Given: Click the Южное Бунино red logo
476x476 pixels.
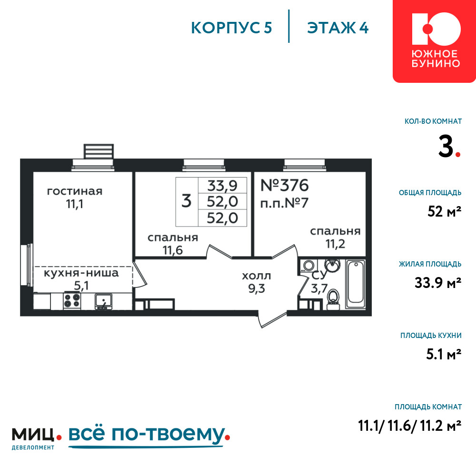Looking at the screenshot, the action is [x=434, y=41].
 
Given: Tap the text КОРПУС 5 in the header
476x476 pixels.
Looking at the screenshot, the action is [x=231, y=28].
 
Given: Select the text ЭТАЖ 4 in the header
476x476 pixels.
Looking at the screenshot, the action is [x=337, y=28].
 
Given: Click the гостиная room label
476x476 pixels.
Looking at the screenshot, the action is [x=75, y=191].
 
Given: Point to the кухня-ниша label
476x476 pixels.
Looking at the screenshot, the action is [x=81, y=273].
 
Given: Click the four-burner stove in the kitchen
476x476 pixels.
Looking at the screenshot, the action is [x=72, y=300].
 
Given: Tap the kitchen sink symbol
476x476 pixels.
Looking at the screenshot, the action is [x=103, y=301].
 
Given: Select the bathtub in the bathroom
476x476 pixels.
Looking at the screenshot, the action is [x=356, y=283].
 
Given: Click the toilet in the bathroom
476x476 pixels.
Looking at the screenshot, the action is [x=333, y=299].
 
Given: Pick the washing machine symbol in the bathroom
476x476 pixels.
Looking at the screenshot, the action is [x=309, y=266].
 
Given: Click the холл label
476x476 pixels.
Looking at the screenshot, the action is [x=256, y=276].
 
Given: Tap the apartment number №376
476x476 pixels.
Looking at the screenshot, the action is [x=285, y=185].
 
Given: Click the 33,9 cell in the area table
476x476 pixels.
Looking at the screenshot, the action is [x=222, y=186].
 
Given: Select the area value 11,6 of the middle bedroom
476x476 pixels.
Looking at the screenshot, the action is [x=173, y=250].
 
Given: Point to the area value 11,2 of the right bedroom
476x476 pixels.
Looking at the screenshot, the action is [x=335, y=244].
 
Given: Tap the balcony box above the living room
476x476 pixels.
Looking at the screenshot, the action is [x=99, y=151].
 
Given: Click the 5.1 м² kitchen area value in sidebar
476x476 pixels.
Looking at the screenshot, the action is [x=444, y=354].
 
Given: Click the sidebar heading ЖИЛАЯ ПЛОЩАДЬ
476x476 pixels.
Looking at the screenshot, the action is [x=430, y=264].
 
